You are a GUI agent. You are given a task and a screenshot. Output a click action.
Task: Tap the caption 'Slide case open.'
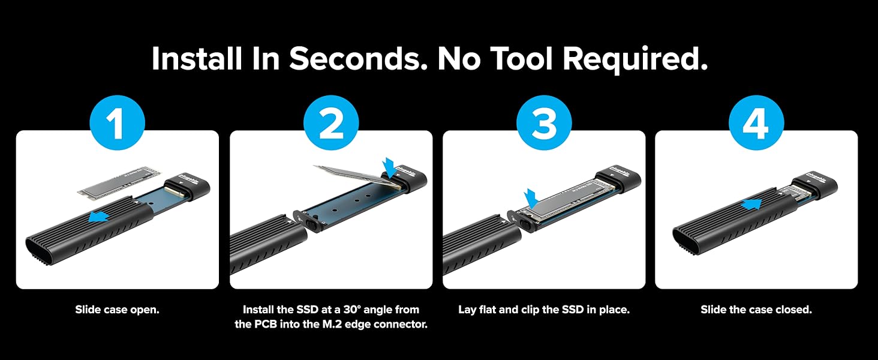tap(117, 310)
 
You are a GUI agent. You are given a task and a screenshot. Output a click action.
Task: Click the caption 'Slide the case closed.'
tap(756, 310)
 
